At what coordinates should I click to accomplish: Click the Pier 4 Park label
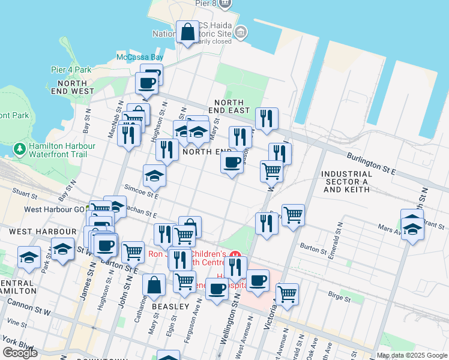71,70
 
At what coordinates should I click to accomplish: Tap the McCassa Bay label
139,58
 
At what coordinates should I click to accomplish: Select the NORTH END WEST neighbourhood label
73,86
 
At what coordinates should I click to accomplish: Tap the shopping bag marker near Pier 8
188,32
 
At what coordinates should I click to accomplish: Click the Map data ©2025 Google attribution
412,355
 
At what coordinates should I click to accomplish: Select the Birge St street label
339,295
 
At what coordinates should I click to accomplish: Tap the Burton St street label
312,247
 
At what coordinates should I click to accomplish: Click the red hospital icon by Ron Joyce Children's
236,254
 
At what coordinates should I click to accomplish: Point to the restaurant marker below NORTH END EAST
266,119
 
